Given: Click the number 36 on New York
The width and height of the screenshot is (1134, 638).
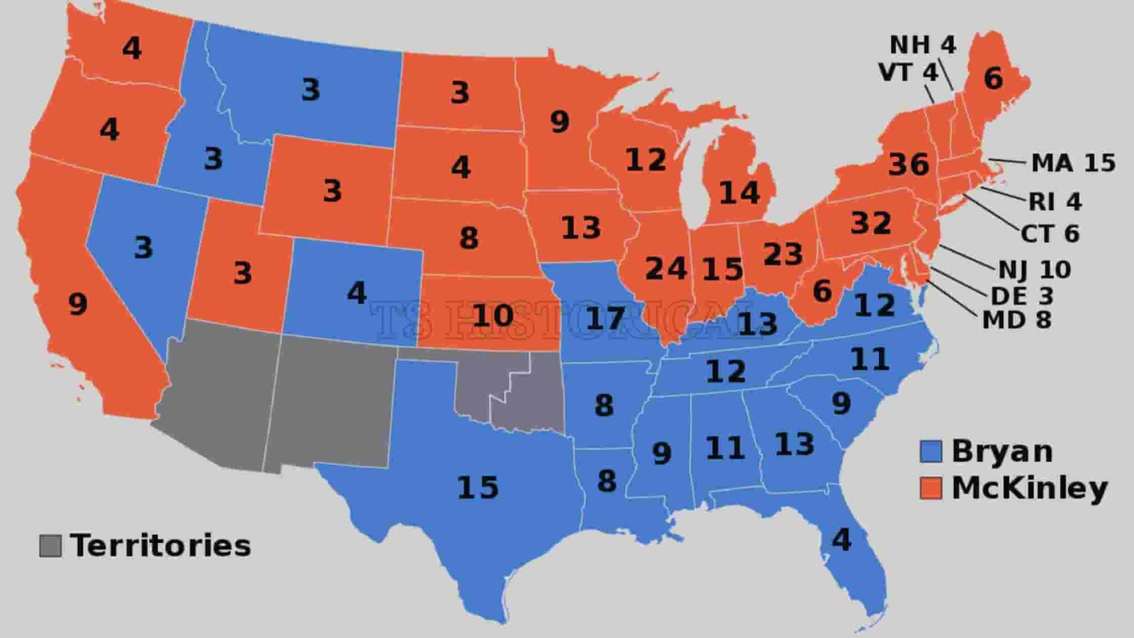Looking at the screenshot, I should point(908,164).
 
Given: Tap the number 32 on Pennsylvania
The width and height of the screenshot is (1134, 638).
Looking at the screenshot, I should point(870,223).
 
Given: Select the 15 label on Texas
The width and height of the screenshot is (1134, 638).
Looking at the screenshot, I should point(478,488).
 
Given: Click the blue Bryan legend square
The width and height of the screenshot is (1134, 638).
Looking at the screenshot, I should point(931,452).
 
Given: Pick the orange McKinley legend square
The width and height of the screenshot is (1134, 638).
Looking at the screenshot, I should point(931,488).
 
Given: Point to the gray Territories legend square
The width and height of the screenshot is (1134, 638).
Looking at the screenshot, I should point(50,546).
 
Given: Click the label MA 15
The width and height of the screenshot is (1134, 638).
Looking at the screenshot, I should point(1072,163).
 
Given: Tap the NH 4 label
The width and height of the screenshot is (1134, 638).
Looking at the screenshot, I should point(922,45).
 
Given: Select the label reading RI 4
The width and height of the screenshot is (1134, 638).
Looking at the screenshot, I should point(1055,201).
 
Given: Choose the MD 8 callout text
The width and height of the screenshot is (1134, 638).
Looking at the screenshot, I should point(1016,320).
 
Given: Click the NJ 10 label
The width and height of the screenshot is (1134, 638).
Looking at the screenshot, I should point(1034,269).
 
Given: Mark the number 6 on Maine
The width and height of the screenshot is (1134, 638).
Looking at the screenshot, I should point(993,79).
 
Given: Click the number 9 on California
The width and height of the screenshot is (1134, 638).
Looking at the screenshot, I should point(77,304).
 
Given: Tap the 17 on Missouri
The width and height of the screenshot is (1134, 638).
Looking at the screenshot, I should point(605,318).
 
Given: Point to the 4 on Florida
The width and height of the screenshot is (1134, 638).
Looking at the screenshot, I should point(841,540).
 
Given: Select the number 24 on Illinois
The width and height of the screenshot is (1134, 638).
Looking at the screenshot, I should point(666,269).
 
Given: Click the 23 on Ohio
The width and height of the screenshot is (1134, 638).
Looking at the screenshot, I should point(782,254).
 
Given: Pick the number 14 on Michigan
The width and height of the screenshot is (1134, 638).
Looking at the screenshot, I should point(739,193).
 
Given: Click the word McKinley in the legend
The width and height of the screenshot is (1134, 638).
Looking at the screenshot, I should point(1029,488).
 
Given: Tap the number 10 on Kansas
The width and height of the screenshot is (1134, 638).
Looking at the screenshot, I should point(493,315).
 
